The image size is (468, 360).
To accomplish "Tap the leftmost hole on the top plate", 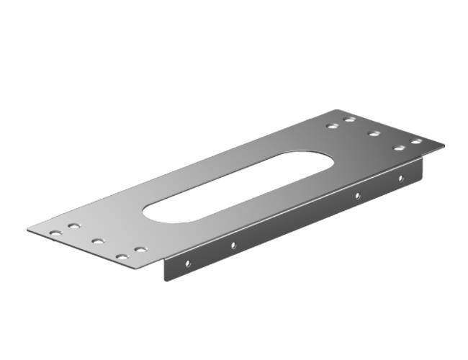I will tap(55, 233).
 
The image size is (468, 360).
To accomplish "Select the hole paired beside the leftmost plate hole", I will tap(73, 226).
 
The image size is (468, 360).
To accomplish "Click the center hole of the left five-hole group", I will tap(98, 240).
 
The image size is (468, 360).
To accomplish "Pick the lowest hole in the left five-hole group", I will tap(122, 256).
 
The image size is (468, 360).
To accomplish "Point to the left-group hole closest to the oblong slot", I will tap(140, 249).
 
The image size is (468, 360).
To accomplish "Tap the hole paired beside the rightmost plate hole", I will tap(398, 148).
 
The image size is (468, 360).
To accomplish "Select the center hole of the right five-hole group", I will tap(374, 133).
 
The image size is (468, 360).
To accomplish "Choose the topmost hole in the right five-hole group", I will tap(350, 120).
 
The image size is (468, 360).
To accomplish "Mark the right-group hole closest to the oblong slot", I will tap(332, 126).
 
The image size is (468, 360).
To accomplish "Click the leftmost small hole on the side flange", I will tap(188, 264).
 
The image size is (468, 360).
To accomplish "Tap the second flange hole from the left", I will tap(233, 246).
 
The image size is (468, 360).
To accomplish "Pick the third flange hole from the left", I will tap(356, 195).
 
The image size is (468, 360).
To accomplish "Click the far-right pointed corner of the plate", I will tap(444, 146).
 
